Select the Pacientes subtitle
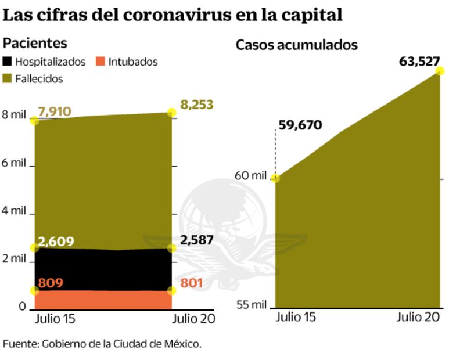click(x=35, y=43)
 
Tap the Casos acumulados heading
click(x=296, y=45)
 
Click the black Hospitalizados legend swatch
click(x=8, y=62)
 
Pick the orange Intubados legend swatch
click(x=100, y=62)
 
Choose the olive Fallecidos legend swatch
click(x=8, y=78)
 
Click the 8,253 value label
click(x=197, y=105)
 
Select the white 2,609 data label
click(x=56, y=241)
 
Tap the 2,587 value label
click(x=197, y=240)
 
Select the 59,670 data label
click(x=300, y=125)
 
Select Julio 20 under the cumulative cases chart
click(x=417, y=318)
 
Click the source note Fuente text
click(x=102, y=343)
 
